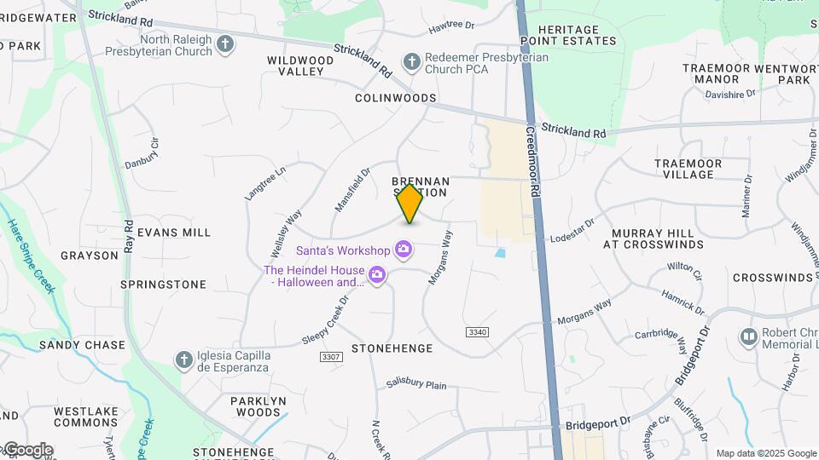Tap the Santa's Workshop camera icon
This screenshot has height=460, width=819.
(404, 250)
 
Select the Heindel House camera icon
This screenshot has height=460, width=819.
(377, 274)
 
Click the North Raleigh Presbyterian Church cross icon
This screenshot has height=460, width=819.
(225, 44)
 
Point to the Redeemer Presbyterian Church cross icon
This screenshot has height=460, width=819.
(412, 61)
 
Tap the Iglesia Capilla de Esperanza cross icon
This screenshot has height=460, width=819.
(183, 360)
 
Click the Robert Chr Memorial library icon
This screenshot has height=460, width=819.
(749, 337)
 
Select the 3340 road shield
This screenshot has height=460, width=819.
(476, 331)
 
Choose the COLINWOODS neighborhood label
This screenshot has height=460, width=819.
(396, 98)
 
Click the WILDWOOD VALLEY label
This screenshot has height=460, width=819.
(300, 66)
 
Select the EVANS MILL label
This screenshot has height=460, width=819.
(174, 232)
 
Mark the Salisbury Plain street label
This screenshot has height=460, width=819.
(416, 385)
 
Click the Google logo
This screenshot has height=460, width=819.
(27, 449)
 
